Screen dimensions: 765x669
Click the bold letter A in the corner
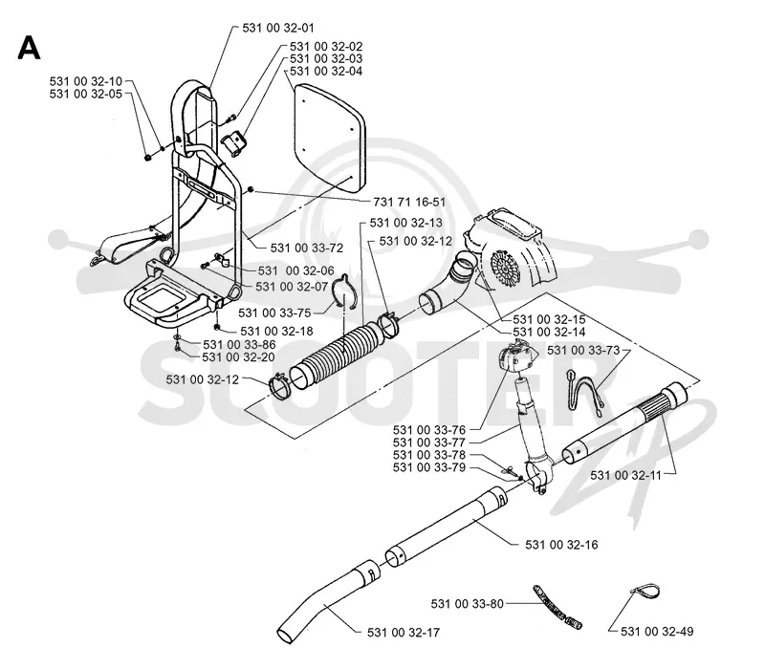[x=29, y=49]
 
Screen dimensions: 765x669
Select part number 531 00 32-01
[x=278, y=28]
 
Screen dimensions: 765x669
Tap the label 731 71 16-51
[x=409, y=202]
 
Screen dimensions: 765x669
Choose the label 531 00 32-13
[x=405, y=223]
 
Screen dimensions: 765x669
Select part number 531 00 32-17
[x=404, y=633]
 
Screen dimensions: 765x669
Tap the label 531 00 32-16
[x=561, y=545]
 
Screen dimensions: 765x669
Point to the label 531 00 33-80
[x=467, y=604]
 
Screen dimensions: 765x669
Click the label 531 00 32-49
[x=657, y=632]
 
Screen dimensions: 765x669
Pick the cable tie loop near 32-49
[x=645, y=590]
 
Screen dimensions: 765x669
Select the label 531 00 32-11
[x=626, y=475]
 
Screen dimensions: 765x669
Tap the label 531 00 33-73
[x=583, y=350]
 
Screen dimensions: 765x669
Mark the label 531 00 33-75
[x=274, y=313]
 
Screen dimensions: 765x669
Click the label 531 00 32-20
[x=238, y=356]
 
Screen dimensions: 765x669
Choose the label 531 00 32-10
[x=86, y=81]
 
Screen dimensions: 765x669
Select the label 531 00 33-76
[x=429, y=430]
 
